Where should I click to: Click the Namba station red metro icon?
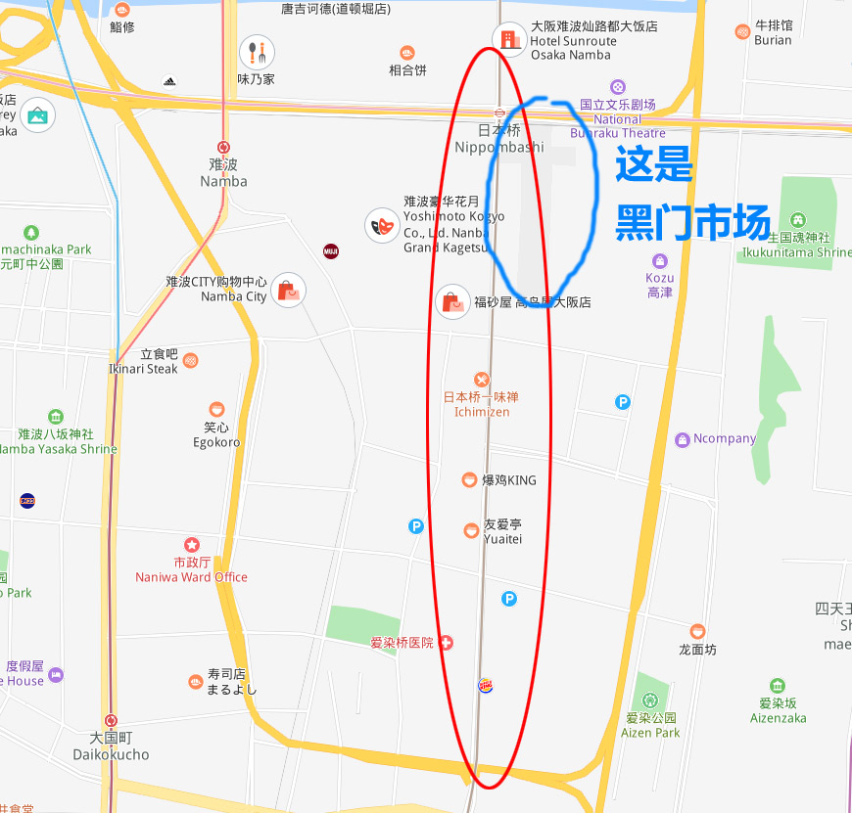tap(224, 147)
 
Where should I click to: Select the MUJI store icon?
tap(331, 250)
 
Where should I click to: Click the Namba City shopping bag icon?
tap(287, 290)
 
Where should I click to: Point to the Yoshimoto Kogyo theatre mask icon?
tap(382, 226)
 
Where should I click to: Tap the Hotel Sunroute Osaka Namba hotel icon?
tap(508, 39)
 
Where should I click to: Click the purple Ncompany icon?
tap(683, 439)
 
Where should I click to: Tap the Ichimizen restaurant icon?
tap(481, 379)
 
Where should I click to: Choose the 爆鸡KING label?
tap(509, 480)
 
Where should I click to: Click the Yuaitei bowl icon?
tap(471, 530)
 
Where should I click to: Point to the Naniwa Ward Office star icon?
tap(192, 544)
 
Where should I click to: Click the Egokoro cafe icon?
tap(216, 409)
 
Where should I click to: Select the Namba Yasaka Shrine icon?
tap(56, 416)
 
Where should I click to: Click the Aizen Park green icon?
tap(650, 701)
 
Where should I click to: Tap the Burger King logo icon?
tap(486, 685)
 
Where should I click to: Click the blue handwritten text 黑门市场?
tap(692, 226)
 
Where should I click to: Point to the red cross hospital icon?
tap(446, 643)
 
